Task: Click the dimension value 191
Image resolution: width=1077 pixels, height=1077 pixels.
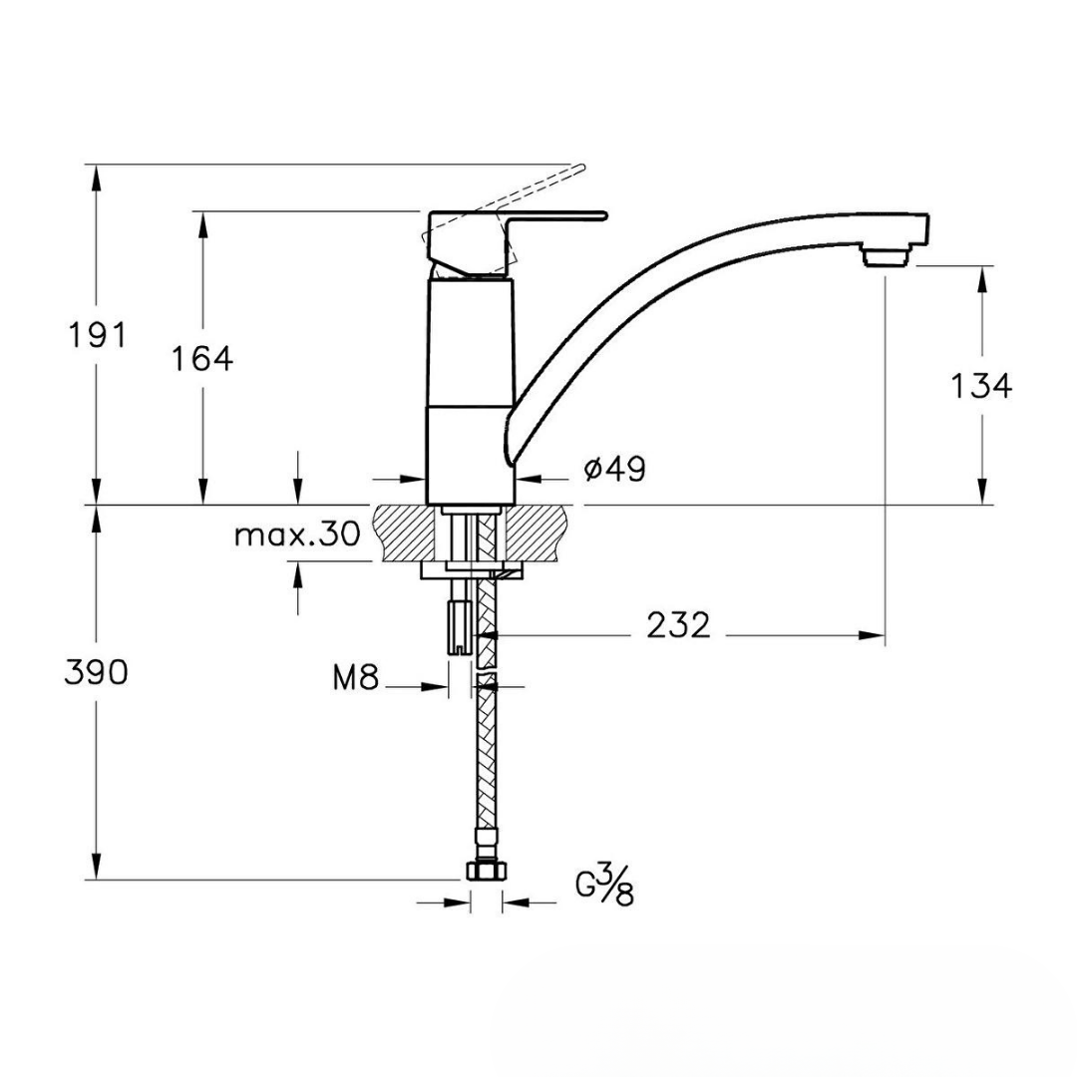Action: (x=98, y=336)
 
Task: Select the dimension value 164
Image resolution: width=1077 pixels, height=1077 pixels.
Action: (x=201, y=359)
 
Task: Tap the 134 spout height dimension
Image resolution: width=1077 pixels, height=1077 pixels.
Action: (x=981, y=386)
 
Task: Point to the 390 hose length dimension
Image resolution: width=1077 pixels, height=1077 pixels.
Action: (x=96, y=672)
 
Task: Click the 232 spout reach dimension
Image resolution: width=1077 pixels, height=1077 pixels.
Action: (x=678, y=625)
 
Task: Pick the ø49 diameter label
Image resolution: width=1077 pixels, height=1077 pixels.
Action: (x=614, y=470)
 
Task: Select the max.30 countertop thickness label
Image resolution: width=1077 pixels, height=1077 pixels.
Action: (x=297, y=534)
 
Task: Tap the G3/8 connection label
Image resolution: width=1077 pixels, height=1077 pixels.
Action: (x=604, y=886)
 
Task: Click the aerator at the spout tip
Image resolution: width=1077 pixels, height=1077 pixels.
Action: (x=887, y=257)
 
